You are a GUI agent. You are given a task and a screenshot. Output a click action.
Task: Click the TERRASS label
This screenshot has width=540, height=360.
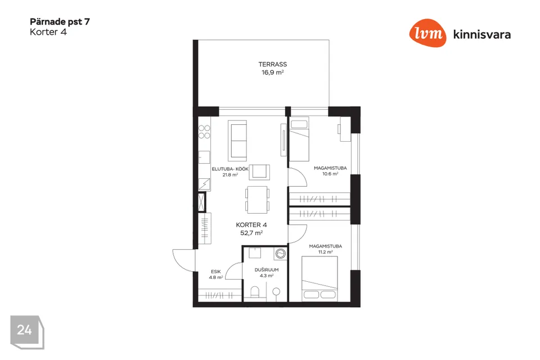272,65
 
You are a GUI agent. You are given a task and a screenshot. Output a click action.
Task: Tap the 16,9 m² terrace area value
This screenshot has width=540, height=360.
272,73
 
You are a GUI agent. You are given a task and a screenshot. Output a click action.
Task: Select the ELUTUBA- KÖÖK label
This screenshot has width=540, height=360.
230,169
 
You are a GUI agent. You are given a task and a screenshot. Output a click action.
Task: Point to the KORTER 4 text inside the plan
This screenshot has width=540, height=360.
251,225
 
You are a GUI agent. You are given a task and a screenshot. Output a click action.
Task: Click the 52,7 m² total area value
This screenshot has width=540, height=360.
251,233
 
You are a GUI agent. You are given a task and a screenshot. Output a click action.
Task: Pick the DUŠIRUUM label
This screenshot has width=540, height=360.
267,270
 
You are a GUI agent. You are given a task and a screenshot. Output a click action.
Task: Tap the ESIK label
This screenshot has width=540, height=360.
216,272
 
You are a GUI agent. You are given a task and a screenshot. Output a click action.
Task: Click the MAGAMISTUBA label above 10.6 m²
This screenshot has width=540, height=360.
330,168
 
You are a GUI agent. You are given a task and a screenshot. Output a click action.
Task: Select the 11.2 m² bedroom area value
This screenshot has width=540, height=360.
326,252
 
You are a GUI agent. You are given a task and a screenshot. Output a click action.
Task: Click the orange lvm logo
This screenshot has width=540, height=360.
427,33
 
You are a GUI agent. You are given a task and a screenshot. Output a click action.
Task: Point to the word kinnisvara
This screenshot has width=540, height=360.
482,34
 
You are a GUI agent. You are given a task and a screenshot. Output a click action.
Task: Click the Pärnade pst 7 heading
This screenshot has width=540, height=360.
60,22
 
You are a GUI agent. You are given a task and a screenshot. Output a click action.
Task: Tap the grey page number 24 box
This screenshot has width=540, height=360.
26,331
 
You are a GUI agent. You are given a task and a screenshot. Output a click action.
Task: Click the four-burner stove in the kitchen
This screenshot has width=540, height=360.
204,132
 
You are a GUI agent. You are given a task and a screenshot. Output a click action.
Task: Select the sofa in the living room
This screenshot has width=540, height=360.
237,141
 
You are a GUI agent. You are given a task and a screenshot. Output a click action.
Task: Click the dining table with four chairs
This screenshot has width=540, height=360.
257,200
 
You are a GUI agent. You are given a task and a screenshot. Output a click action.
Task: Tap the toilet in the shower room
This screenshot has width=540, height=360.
255,292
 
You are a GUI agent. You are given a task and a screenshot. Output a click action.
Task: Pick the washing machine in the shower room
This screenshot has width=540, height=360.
280,254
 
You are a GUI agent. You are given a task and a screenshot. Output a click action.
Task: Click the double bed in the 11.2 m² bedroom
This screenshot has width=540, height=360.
319,278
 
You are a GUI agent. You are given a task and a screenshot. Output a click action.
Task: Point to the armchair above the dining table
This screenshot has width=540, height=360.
259,172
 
